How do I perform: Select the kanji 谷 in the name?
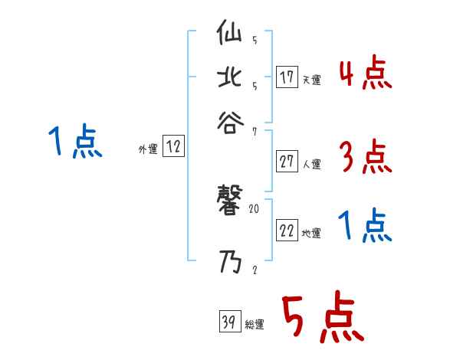(230, 121)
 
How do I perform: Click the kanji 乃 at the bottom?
(230, 265)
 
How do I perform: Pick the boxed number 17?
(287, 77)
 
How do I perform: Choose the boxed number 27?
(287, 162)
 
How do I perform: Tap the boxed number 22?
(287, 231)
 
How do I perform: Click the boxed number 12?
(173, 148)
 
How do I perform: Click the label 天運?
(312, 80)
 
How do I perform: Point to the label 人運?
(312, 164)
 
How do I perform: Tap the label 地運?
(312, 234)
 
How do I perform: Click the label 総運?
(255, 325)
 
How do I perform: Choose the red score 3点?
(365, 158)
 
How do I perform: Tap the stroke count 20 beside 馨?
(255, 208)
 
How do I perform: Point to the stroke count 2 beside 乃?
(254, 270)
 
